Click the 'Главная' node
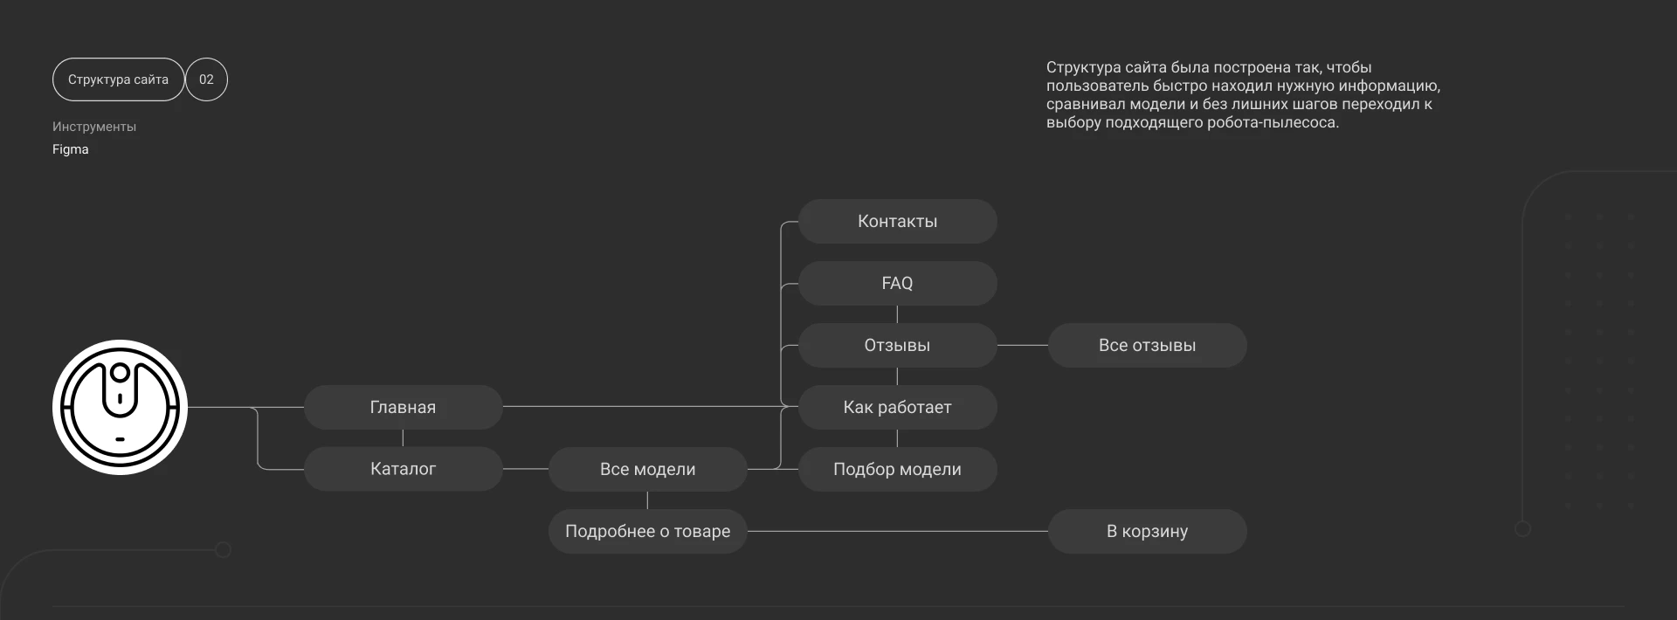pyautogui.click(x=403, y=407)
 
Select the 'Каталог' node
pyautogui.click(x=403, y=469)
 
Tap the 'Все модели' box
pyautogui.click(x=647, y=469)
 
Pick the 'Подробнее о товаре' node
pyautogui.click(x=647, y=531)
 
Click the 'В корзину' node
pyautogui.click(x=1147, y=531)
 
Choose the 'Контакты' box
pyautogui.click(x=897, y=221)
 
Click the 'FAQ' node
pyautogui.click(x=897, y=283)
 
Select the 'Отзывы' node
pyautogui.click(x=897, y=345)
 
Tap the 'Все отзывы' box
pyautogui.click(x=1147, y=345)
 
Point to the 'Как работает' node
pyautogui.click(x=897, y=407)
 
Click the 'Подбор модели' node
pyautogui.click(x=897, y=469)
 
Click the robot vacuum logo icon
pyautogui.click(x=120, y=407)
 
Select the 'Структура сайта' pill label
pyautogui.click(x=118, y=79)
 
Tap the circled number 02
pyautogui.click(x=206, y=79)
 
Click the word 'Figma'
pyautogui.click(x=71, y=149)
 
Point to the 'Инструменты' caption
pyautogui.click(x=94, y=127)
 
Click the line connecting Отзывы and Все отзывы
pyautogui.click(x=1022, y=345)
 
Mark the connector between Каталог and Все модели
pyautogui.click(x=525, y=469)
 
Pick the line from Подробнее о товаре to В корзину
pyautogui.click(x=897, y=531)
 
